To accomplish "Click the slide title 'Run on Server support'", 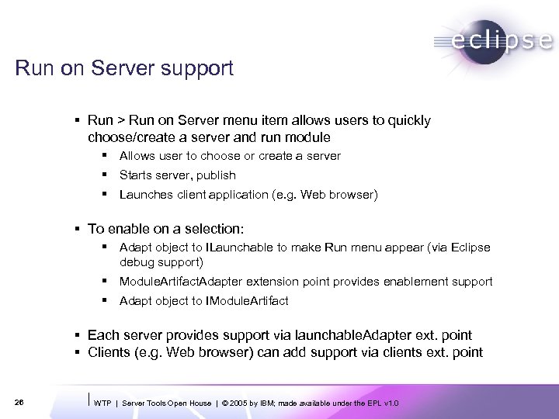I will pyautogui.click(x=124, y=69).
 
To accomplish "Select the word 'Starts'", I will pyautogui.click(x=136, y=175).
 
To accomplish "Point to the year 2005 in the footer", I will pyautogui.click(x=236, y=403).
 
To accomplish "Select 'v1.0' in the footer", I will pyautogui.click(x=391, y=403).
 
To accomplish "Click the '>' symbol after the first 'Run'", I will pyautogui.click(x=121, y=121).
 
